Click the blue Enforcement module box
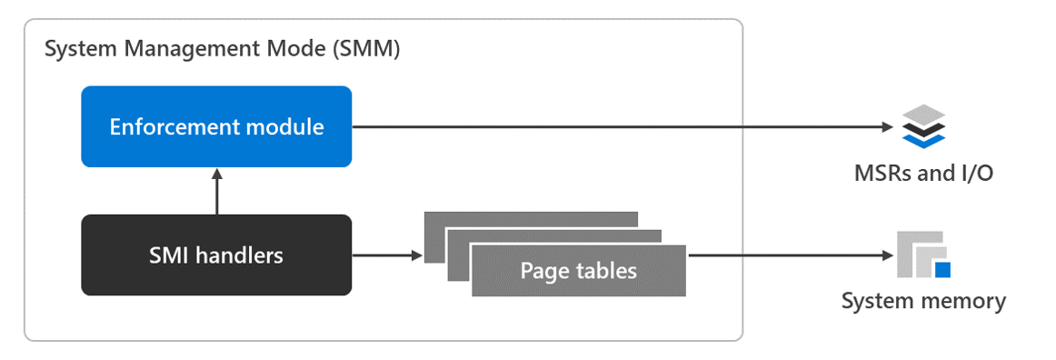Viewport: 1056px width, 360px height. pos(216,126)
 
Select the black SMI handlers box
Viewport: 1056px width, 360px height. pos(216,255)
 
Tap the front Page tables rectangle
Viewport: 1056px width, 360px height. pos(578,271)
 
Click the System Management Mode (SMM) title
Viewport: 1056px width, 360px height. pos(223,49)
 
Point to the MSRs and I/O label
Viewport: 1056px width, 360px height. pos(922,172)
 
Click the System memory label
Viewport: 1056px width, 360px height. pos(923,301)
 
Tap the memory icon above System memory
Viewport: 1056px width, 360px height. pos(922,255)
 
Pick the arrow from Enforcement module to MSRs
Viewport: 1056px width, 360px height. pos(618,126)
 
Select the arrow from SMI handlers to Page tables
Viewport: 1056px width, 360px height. pos(387,255)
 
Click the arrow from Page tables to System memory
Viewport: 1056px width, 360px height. pos(786,255)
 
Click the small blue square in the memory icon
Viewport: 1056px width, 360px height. pos(942,269)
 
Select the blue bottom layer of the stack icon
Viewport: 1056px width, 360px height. pos(924,140)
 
